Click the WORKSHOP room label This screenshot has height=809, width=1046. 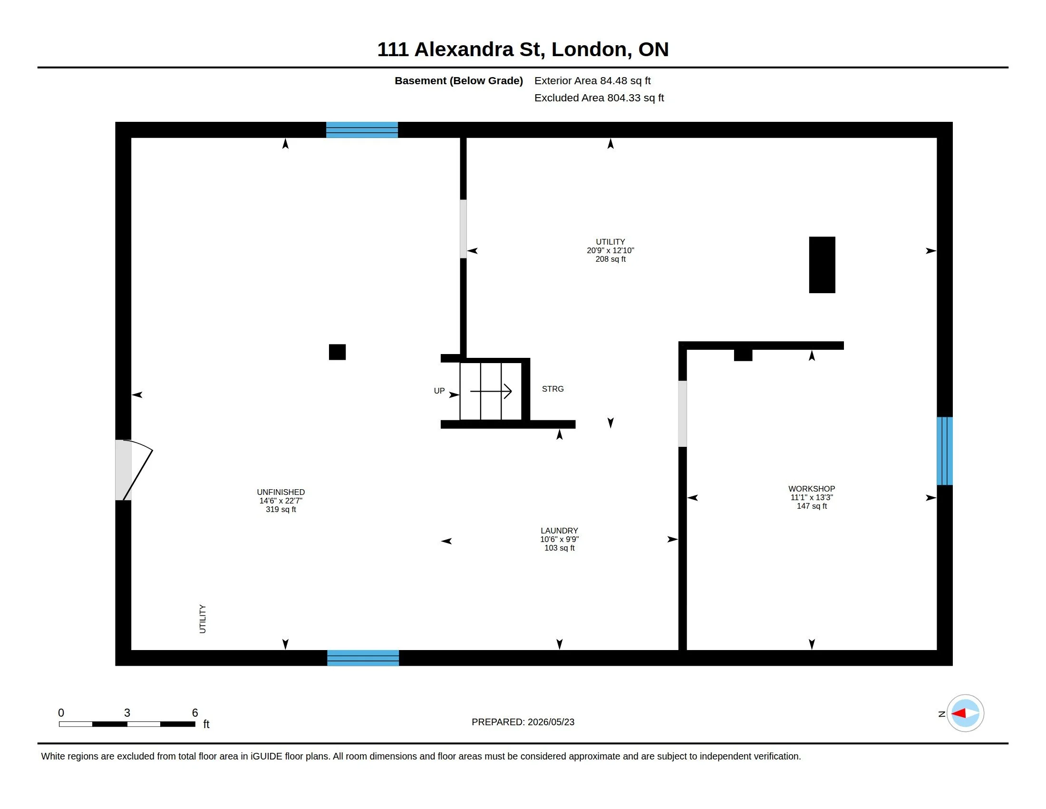(811, 489)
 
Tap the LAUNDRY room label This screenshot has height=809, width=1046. (560, 531)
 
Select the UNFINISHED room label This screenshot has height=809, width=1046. (281, 492)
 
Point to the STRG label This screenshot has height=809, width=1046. (552, 389)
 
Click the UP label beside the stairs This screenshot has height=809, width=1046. (439, 391)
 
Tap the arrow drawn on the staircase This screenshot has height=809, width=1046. (491, 391)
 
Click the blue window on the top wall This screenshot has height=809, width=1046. (362, 130)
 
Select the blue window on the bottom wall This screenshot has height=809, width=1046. (363, 658)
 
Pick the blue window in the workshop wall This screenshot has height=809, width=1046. (944, 451)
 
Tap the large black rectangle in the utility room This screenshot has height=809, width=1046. (822, 265)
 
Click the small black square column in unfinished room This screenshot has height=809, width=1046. (337, 352)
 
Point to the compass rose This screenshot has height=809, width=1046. (965, 713)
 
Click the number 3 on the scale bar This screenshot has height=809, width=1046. (127, 713)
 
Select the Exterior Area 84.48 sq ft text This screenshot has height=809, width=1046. (592, 80)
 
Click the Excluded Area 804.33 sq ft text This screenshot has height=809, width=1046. (599, 98)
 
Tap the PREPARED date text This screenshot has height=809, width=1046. (523, 722)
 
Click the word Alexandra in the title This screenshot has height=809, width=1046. (464, 49)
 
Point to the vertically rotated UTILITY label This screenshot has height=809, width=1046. (203, 619)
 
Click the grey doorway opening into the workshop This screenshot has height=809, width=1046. (682, 414)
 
